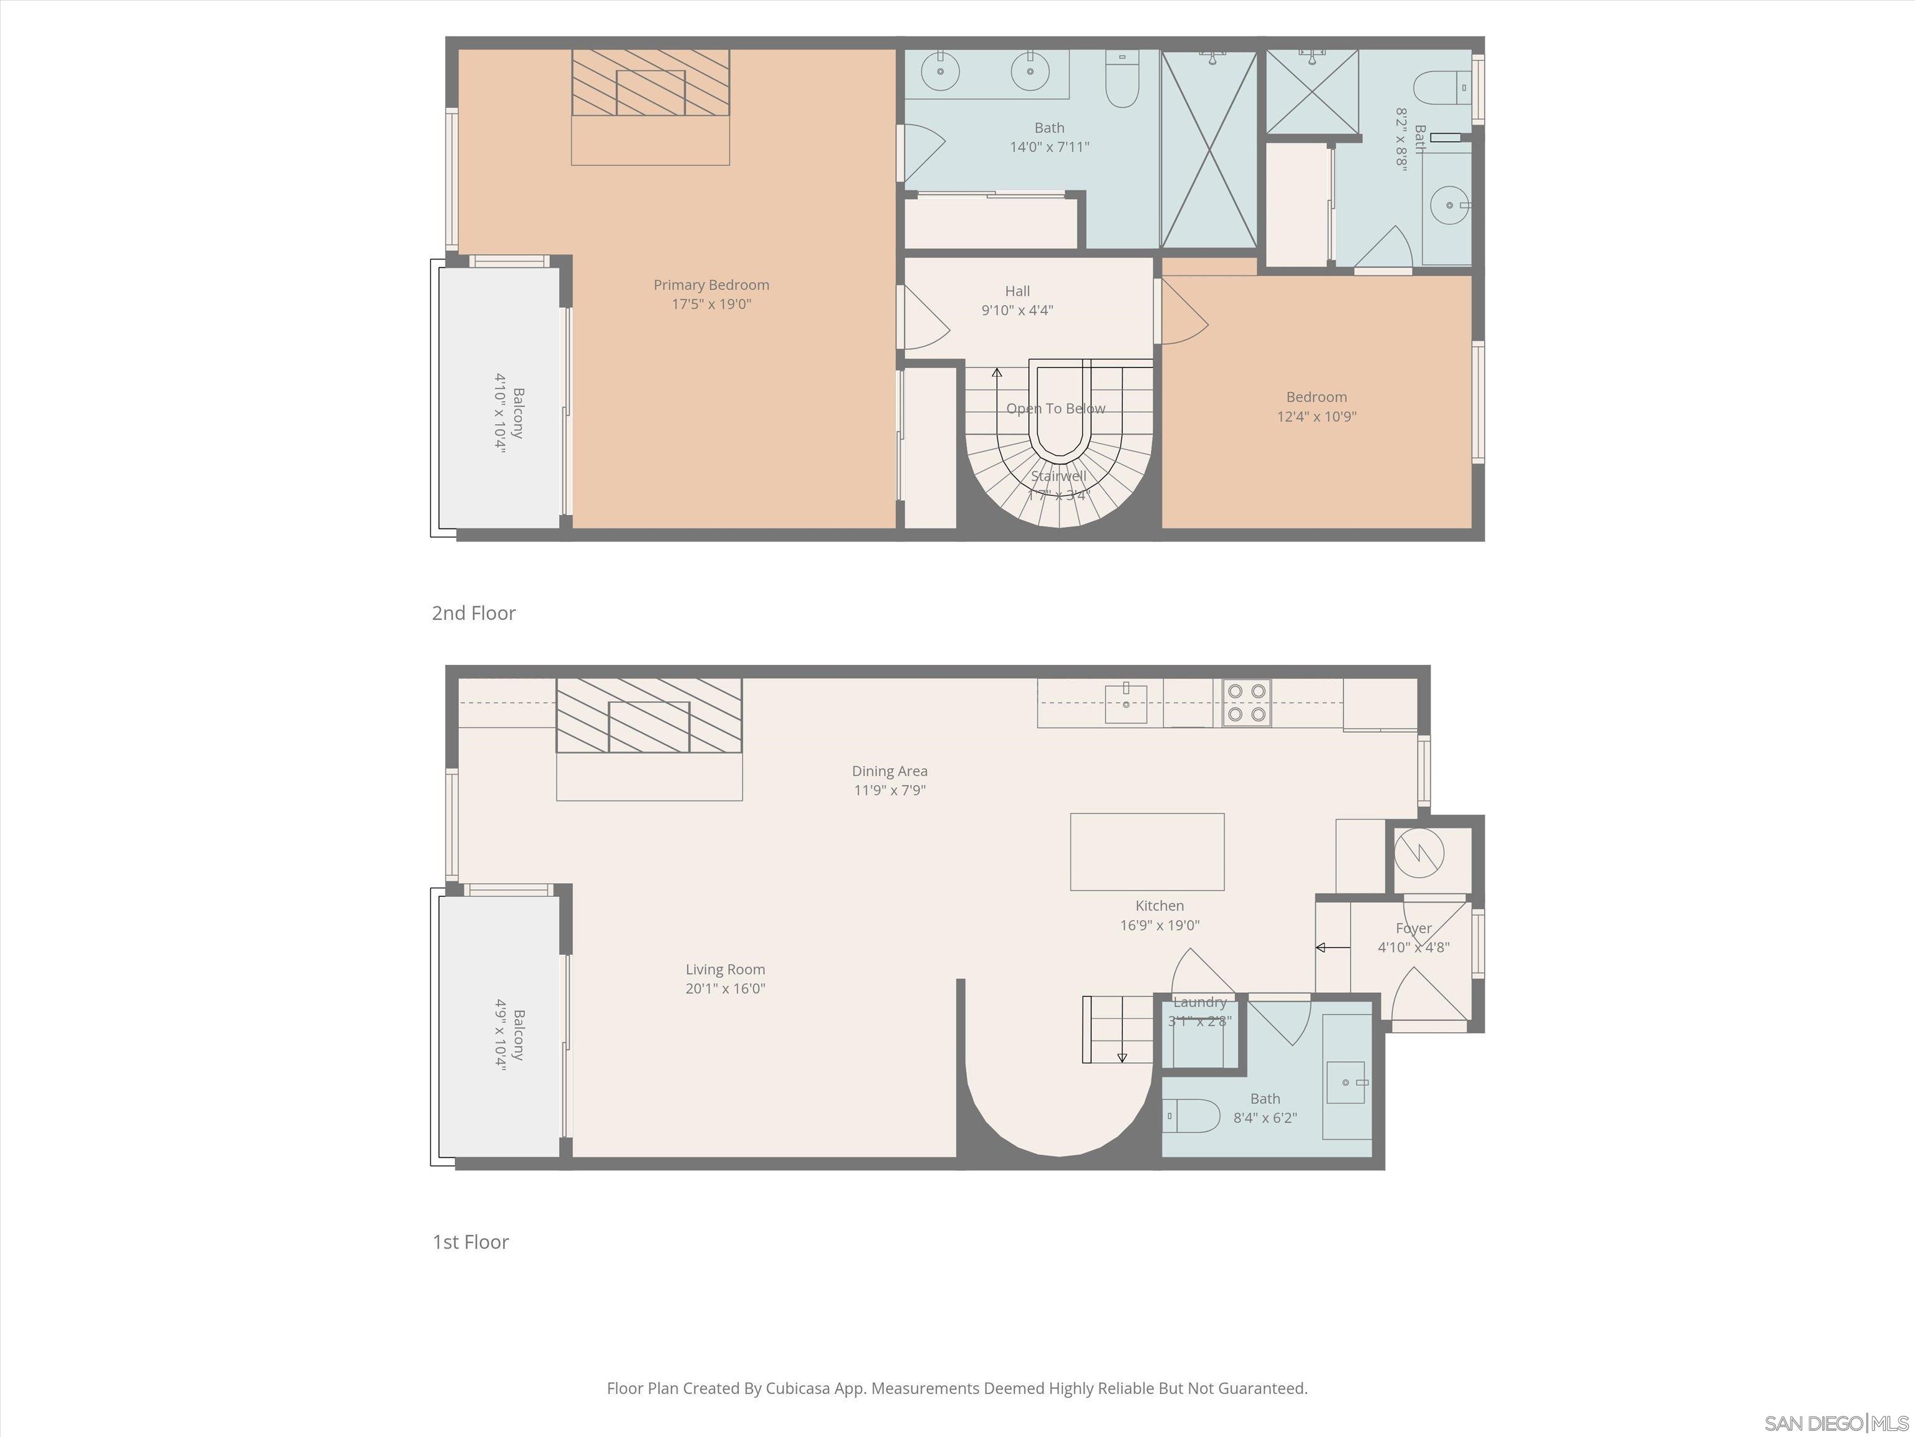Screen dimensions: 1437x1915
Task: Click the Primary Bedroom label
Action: (711, 285)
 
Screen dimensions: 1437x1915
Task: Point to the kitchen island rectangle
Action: (1147, 851)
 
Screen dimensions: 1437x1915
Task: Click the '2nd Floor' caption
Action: (474, 613)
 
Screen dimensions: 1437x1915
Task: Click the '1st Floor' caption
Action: (470, 1242)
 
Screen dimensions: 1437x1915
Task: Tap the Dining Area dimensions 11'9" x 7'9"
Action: (889, 790)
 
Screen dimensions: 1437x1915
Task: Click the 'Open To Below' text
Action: (1055, 409)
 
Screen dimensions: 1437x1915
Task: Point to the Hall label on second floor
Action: (1017, 291)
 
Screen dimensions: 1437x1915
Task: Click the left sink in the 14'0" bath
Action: (939, 71)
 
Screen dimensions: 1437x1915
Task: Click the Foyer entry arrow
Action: (1332, 947)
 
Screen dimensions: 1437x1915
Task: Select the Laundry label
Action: (1200, 1002)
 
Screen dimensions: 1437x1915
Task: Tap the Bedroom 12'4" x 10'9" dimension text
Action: (1316, 417)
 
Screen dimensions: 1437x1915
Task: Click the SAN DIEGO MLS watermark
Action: (1835, 1423)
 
